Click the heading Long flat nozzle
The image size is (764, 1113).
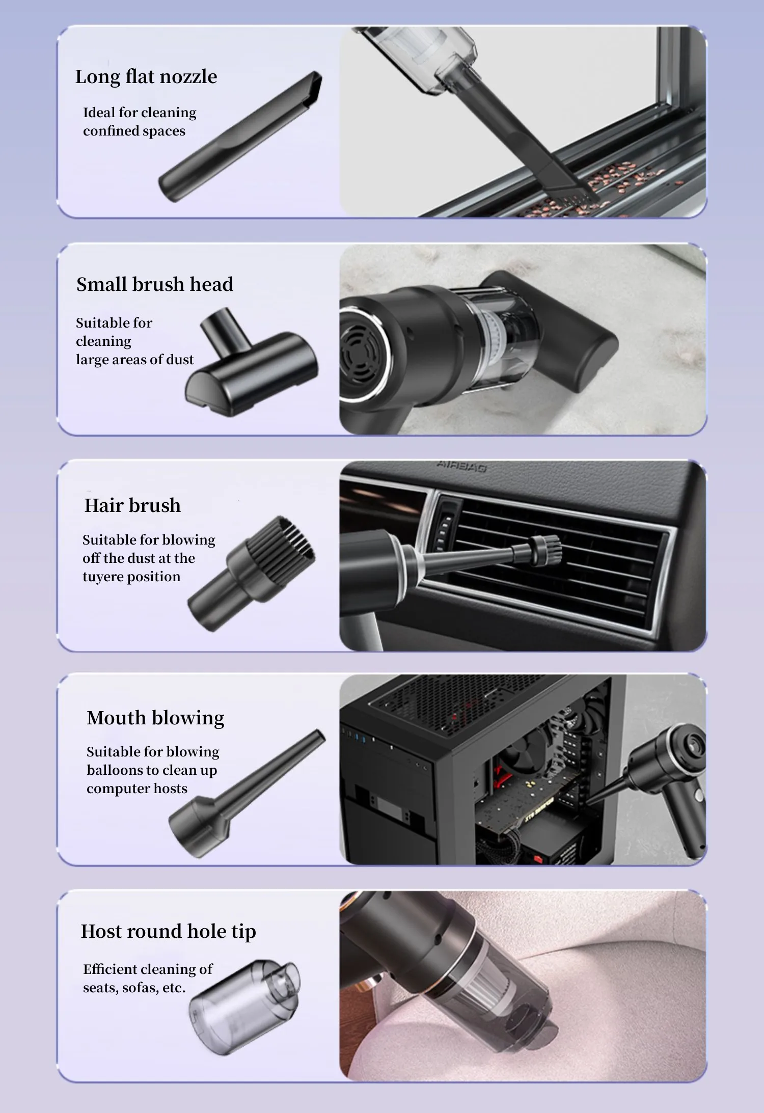146,77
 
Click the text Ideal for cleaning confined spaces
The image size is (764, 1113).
139,122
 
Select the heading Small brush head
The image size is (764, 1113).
154,284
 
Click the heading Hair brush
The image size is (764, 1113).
132,505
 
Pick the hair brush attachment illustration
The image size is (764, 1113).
252,573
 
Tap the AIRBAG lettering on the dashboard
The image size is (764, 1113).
461,466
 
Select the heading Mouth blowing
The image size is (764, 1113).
155,718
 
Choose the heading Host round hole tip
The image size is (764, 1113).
168,931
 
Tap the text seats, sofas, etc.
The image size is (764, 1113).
134,988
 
